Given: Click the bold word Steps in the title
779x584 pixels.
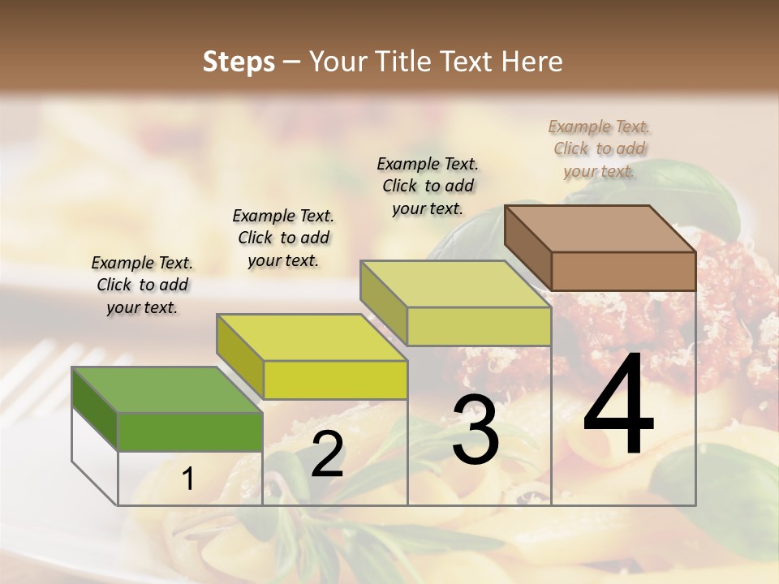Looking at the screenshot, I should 239,62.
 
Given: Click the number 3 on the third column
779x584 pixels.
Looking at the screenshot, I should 476,430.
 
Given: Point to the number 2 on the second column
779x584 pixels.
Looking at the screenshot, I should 328,455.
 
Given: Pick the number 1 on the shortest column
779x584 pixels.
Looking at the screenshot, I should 188,479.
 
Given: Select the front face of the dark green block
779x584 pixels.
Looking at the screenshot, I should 190,432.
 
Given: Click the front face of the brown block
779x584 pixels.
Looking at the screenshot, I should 623,271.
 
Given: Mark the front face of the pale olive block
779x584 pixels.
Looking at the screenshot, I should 479,326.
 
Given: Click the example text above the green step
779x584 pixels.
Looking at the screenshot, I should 142,286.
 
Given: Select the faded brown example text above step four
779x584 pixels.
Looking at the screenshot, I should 599,148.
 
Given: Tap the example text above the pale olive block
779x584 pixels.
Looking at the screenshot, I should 428,186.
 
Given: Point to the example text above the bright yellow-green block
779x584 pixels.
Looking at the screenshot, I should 283,238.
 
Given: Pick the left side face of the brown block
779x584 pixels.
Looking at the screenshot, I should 527,248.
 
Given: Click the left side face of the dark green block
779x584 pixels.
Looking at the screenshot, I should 95,409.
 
